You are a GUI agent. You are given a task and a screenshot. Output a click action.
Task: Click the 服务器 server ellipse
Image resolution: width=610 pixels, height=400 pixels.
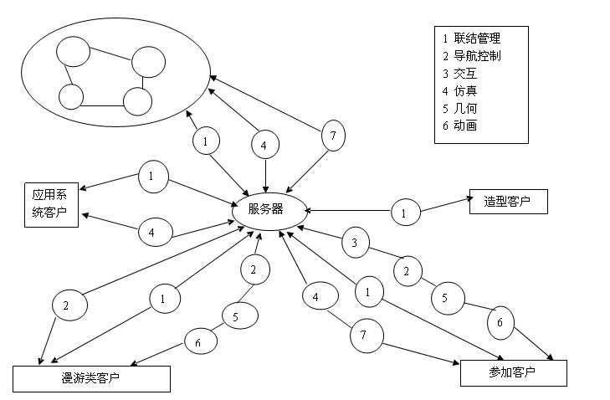coord(265,208)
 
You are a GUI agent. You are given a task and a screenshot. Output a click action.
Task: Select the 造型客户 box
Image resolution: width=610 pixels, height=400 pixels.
coord(508,201)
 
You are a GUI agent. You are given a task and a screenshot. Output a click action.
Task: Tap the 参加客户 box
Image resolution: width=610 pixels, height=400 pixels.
coord(513,372)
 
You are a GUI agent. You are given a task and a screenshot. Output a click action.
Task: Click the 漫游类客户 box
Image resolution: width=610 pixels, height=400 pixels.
coord(91,379)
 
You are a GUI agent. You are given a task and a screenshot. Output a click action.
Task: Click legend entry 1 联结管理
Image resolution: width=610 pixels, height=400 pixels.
coord(473,38)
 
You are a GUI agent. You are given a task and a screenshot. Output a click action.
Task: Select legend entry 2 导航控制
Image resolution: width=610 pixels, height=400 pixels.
coord(473,55)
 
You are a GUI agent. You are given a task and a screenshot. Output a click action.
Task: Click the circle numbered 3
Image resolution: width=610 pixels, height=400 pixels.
coord(355,244)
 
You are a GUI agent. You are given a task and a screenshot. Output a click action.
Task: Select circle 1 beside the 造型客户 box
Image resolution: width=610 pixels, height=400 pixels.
coord(404,213)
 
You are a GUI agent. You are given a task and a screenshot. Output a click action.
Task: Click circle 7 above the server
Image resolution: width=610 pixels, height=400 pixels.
coord(333,135)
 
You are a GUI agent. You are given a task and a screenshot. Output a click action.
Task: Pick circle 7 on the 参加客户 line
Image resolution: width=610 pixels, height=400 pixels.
coord(364,335)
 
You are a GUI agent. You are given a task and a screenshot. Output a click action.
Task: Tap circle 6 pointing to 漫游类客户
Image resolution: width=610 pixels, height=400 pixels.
coord(197,342)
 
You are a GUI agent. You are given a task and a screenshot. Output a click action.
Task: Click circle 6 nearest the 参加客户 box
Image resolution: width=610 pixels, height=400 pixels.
coord(500,322)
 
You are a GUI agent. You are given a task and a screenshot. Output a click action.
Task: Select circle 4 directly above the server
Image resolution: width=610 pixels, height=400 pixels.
coord(264,145)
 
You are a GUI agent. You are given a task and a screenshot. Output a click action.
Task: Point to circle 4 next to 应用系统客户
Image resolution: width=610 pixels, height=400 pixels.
coord(151,231)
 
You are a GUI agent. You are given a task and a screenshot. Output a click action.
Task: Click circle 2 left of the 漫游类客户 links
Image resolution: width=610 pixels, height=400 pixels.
coord(66,305)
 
